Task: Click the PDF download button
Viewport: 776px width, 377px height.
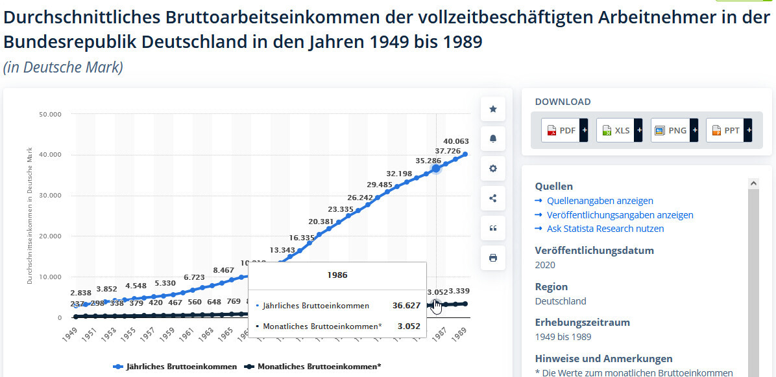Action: (564, 130)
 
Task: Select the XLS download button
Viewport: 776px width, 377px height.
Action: (619, 130)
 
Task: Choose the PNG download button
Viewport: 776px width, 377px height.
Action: (674, 130)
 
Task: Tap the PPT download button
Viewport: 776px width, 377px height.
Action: (729, 130)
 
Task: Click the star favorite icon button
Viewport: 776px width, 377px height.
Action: (493, 109)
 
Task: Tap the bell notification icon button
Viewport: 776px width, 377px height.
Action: (493, 139)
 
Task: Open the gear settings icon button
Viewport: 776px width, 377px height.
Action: (493, 168)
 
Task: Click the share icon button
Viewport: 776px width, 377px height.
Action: (493, 198)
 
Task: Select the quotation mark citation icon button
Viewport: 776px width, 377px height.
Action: (493, 228)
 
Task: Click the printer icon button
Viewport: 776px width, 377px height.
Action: (493, 258)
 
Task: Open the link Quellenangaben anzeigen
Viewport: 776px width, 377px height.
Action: (600, 201)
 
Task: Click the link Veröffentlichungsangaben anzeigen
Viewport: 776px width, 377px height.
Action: (620, 215)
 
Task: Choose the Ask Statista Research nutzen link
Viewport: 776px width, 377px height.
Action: (605, 229)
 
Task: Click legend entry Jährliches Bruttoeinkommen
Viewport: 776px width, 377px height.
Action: (175, 367)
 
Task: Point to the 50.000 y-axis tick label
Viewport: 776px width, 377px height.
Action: (49, 115)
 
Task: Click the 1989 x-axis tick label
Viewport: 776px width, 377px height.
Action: (461, 334)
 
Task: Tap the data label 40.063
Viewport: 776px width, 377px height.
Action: (456, 141)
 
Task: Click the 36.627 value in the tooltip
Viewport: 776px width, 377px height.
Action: (406, 305)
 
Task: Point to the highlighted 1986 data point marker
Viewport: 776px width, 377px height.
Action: (436, 168)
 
